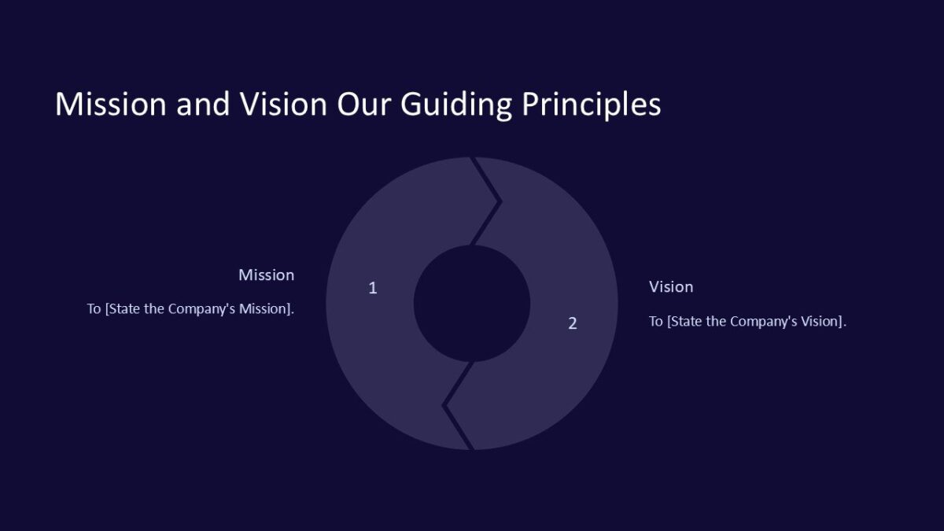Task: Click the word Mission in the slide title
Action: click(110, 105)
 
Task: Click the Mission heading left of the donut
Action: click(266, 275)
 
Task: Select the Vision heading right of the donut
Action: click(671, 287)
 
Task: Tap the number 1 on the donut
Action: click(373, 288)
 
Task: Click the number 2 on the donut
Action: click(573, 323)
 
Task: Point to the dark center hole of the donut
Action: click(472, 304)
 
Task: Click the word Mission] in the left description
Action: click(267, 309)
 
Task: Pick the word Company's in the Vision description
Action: click(762, 322)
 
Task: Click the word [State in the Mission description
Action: click(122, 309)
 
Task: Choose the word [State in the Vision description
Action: click(684, 322)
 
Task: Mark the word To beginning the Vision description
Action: click(655, 322)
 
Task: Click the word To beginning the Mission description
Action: click(94, 309)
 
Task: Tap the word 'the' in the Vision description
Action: click(717, 322)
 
